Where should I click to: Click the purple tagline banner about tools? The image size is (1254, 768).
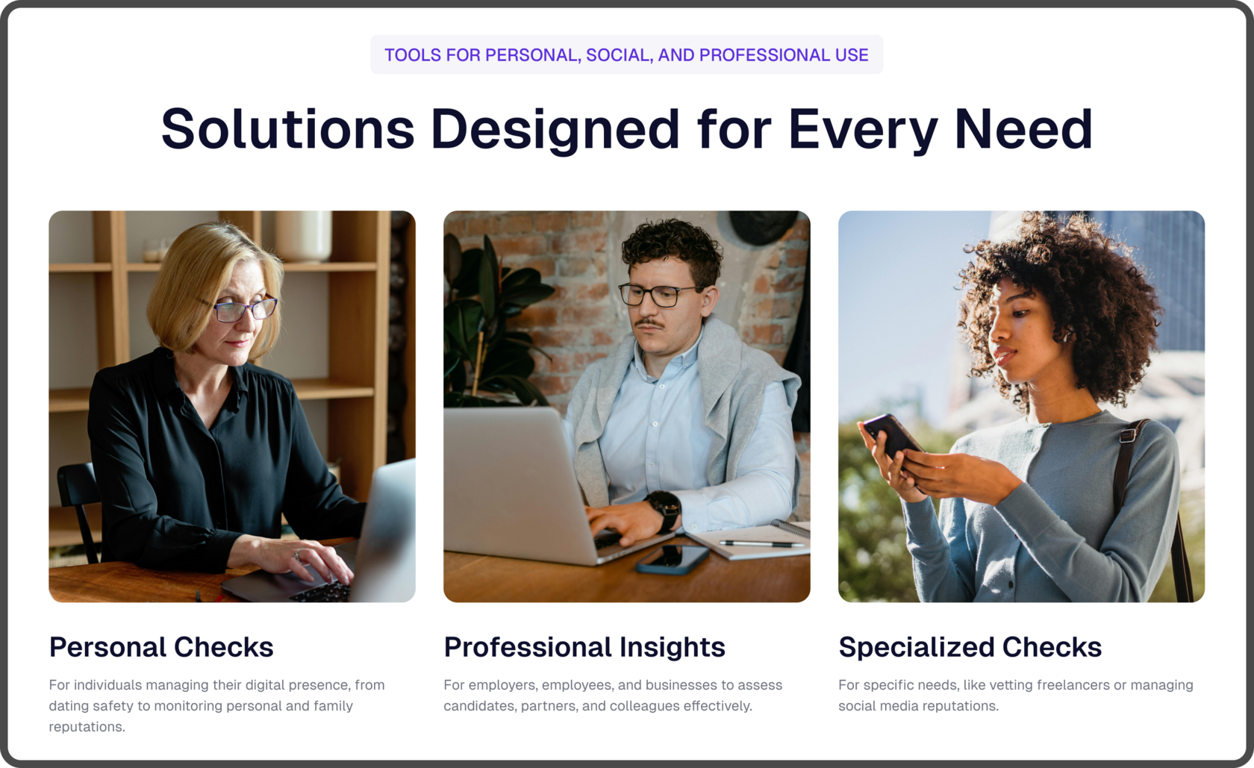(x=626, y=55)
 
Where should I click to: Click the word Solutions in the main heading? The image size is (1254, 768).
(x=288, y=129)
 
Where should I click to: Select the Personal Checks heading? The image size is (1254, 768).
(x=161, y=647)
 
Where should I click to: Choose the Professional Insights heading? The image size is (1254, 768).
(x=584, y=647)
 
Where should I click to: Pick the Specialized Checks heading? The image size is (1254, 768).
(x=970, y=648)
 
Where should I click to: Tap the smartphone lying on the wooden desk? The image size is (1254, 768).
(x=673, y=559)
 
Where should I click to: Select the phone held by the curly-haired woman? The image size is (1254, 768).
(x=892, y=437)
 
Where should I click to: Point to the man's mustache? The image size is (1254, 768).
(x=650, y=324)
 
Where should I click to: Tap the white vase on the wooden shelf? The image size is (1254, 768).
(x=303, y=236)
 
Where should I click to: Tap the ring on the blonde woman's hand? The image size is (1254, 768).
(x=297, y=556)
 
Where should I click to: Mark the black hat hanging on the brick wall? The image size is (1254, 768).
(x=764, y=226)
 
